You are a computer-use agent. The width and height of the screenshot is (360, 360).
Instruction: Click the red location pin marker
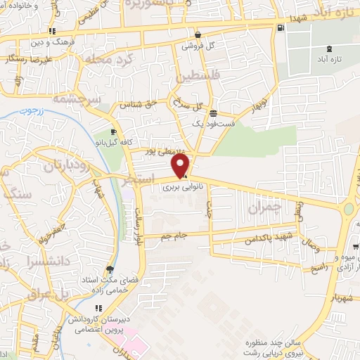181,165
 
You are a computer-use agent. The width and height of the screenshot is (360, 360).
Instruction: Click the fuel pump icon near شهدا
281,28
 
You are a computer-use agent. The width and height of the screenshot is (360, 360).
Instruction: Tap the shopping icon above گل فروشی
198,34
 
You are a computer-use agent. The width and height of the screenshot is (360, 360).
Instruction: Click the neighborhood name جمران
264,209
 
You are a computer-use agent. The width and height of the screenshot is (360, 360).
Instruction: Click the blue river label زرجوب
31,111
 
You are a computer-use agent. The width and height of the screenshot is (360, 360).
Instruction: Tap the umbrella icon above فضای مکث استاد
108,269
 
